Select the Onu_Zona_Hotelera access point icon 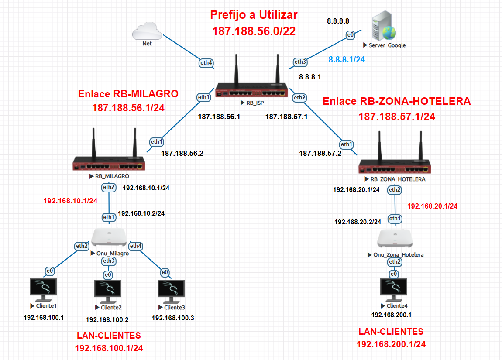[x=395, y=238]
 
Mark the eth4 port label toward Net [x=206, y=63]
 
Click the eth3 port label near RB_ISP [x=300, y=62]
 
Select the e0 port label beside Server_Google [x=350, y=35]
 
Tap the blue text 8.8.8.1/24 [x=347, y=60]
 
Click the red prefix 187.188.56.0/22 [x=254, y=31]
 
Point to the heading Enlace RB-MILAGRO [x=128, y=94]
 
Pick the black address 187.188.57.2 [x=320, y=153]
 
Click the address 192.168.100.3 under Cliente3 [x=172, y=318]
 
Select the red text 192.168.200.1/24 [x=391, y=344]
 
